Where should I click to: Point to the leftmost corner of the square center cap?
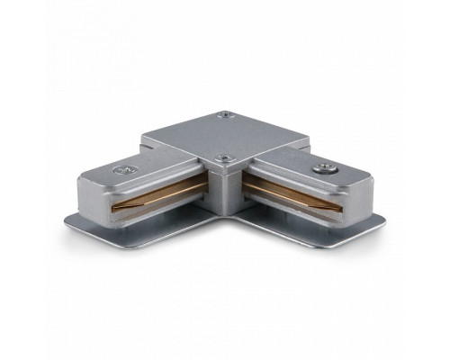[x=142, y=141]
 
